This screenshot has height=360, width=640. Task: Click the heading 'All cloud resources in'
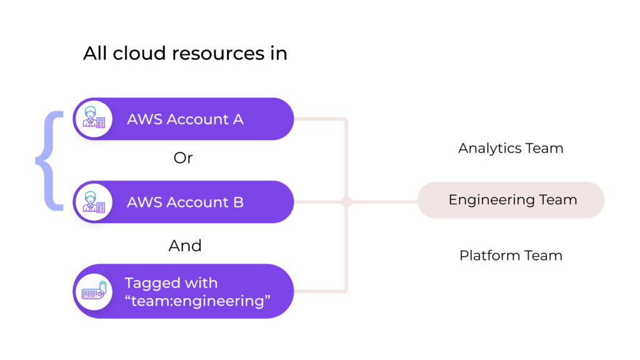pos(185,54)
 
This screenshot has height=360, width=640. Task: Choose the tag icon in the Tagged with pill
pos(93,291)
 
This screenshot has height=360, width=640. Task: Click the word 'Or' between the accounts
pos(183,158)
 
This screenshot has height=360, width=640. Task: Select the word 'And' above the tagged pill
pos(185,246)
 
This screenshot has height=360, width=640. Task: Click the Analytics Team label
pos(511,148)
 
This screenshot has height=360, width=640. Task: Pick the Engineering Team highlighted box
pos(511,200)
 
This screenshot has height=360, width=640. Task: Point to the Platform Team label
pos(511,256)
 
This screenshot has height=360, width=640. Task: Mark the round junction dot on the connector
pos(346,202)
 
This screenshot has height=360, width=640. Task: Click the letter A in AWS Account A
pos(238,119)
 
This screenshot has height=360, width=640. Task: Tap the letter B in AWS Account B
pos(239,202)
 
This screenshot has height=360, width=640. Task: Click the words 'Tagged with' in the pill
pos(171,283)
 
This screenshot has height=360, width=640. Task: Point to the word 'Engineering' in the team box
pos(491,201)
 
